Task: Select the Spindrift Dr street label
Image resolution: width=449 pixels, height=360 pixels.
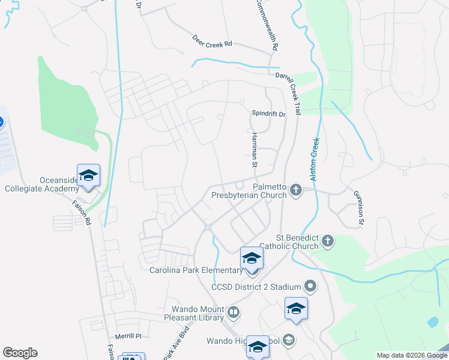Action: click(x=269, y=113)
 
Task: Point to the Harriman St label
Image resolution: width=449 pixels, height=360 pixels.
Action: click(x=255, y=150)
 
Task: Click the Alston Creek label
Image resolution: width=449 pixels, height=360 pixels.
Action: click(x=313, y=158)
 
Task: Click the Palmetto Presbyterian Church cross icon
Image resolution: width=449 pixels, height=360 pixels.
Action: click(x=295, y=190)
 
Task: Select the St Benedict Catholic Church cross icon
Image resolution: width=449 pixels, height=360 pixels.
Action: click(x=327, y=241)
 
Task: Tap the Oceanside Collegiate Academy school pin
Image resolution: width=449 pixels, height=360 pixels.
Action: click(x=88, y=175)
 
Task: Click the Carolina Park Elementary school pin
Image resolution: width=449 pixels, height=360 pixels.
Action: click(x=252, y=259)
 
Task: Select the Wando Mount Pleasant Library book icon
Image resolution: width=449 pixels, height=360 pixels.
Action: click(x=234, y=312)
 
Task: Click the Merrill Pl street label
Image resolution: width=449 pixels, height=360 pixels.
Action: click(x=129, y=337)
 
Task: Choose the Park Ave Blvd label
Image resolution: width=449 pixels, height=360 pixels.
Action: click(x=177, y=343)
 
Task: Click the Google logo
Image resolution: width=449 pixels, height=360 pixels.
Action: click(x=20, y=353)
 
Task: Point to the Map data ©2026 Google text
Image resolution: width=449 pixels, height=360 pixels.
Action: click(x=411, y=355)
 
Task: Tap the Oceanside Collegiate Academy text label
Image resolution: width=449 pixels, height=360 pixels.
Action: click(x=41, y=184)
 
